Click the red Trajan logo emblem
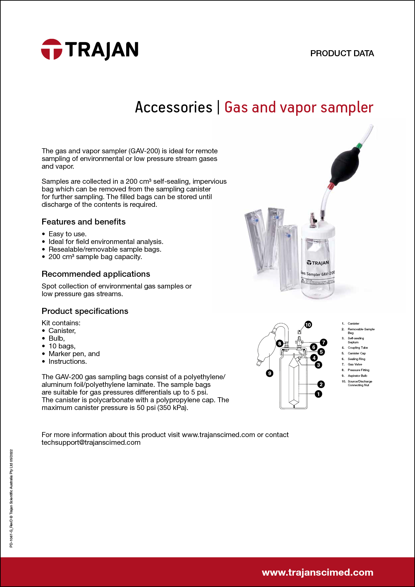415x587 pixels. (x=52, y=49)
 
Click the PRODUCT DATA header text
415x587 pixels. (x=342, y=54)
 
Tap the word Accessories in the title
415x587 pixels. (x=173, y=107)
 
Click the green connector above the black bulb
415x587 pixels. (x=359, y=146)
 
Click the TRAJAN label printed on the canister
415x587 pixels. (x=318, y=263)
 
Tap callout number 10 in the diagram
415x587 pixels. (x=308, y=325)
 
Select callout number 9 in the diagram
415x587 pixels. (x=269, y=373)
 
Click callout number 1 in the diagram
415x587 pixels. (x=318, y=394)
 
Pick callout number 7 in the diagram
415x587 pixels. (x=323, y=342)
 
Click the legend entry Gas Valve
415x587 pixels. (x=355, y=364)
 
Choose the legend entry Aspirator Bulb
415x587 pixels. (x=357, y=376)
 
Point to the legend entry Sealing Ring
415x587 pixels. (x=356, y=359)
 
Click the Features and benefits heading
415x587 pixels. (x=83, y=222)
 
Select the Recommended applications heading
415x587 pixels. (x=96, y=274)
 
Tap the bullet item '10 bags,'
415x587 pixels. (x=62, y=346)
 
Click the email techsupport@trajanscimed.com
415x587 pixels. (x=91, y=442)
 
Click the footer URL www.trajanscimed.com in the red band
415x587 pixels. (x=317, y=572)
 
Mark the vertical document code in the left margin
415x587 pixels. (x=11, y=498)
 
